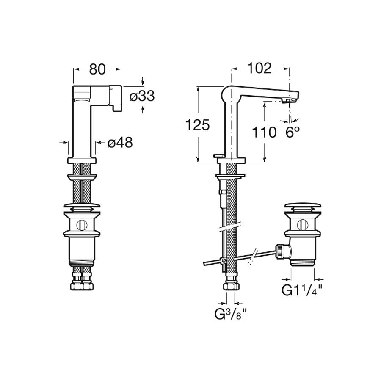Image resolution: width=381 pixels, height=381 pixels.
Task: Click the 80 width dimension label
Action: pyautogui.click(x=97, y=69)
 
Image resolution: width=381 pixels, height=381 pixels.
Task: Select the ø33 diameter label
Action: pyautogui.click(x=142, y=96)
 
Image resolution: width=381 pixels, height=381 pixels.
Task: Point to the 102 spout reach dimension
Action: pyautogui.click(x=259, y=68)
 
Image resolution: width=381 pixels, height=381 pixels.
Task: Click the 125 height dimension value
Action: pyautogui.click(x=198, y=125)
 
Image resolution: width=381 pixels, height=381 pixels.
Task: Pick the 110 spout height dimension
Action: pyautogui.click(x=264, y=133)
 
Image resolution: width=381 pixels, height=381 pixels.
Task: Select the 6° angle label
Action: pyautogui.click(x=293, y=132)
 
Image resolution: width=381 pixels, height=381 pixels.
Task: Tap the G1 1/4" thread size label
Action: pyautogui.click(x=302, y=290)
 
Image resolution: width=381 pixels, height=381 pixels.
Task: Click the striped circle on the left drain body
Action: pyautogui.click(x=81, y=224)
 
